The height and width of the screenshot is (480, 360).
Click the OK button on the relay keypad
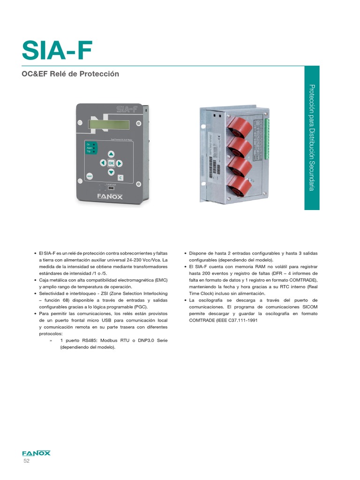tap(111, 163)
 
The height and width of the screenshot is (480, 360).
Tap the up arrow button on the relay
tap(111, 154)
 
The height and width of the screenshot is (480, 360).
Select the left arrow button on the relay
tap(102, 163)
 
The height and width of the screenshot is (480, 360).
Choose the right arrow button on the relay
tap(120, 163)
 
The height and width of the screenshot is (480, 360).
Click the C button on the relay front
tap(120, 178)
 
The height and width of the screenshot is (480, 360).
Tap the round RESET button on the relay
tap(90, 176)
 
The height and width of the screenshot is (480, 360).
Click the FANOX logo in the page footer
tap(36, 453)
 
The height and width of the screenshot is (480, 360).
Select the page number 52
tap(26, 462)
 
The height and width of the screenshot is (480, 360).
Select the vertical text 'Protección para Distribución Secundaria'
tap(311, 137)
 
